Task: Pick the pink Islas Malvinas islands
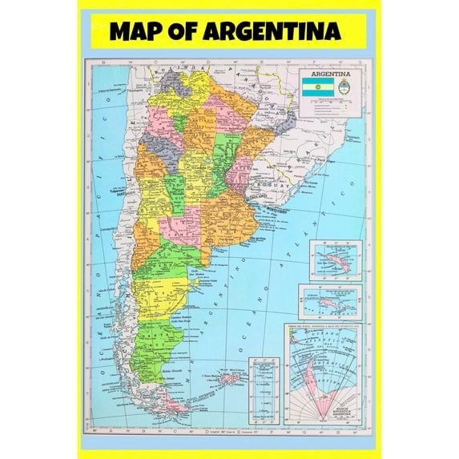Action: [231, 377]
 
